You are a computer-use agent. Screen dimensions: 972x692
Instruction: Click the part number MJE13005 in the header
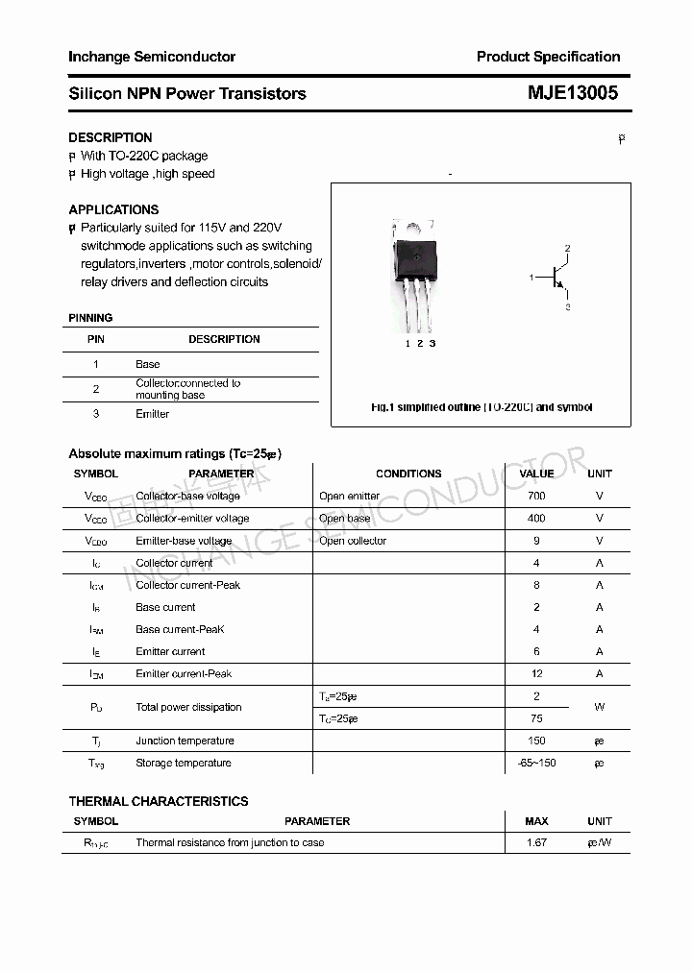click(573, 93)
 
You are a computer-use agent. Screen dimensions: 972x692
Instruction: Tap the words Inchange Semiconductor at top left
click(152, 57)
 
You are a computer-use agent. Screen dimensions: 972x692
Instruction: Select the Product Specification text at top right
click(548, 57)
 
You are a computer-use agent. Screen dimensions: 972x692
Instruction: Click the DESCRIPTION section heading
click(111, 137)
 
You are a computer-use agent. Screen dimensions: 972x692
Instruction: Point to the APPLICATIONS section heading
click(113, 209)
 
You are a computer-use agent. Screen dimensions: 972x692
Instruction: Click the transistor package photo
click(415, 274)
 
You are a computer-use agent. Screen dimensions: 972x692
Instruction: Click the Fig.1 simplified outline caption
click(482, 407)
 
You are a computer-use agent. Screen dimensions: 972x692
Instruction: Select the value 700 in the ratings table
click(536, 496)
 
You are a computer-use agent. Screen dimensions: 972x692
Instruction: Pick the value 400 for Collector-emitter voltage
click(536, 518)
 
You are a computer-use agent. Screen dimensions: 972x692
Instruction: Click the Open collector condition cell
click(353, 541)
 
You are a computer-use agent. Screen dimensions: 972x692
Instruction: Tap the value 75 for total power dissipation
click(536, 718)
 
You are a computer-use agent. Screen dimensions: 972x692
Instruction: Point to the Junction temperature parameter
click(185, 741)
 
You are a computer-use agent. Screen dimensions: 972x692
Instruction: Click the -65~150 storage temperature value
click(536, 763)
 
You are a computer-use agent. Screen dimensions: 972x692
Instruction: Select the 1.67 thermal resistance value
click(536, 842)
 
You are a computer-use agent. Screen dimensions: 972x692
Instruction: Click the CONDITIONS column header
click(408, 474)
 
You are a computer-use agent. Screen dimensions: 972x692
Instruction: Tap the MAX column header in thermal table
click(536, 821)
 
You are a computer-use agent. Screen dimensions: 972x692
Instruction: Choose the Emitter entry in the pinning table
click(152, 414)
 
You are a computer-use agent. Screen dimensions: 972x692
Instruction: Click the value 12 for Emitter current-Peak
click(536, 673)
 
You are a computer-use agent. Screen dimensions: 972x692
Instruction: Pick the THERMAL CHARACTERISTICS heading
click(159, 801)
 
